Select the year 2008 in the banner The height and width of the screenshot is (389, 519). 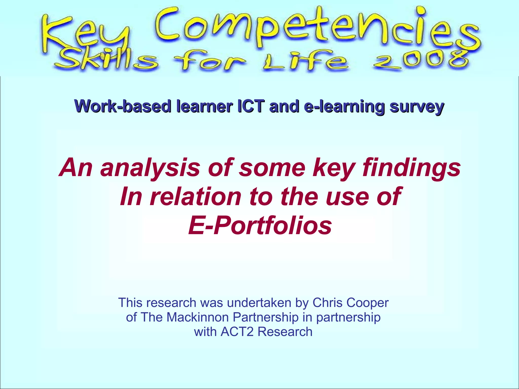pos(421,61)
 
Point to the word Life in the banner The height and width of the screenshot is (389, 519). pos(304,62)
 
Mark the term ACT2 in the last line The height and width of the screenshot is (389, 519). pos(237,332)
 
